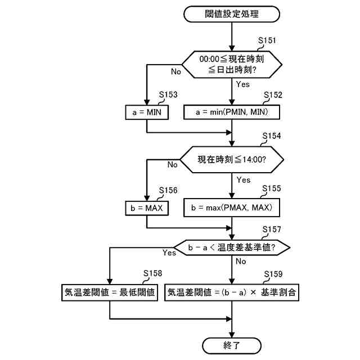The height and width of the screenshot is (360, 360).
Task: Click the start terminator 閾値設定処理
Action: point(232,14)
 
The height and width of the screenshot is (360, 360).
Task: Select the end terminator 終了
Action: point(232,345)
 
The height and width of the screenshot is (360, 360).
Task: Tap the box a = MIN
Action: point(146,112)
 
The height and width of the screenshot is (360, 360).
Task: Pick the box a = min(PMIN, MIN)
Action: point(232,112)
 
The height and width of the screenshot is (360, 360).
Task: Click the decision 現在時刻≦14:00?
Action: point(232,159)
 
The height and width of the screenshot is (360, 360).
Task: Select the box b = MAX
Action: point(146,208)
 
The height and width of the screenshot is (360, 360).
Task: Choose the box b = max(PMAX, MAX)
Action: point(232,208)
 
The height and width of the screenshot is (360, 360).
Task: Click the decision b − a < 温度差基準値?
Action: point(232,246)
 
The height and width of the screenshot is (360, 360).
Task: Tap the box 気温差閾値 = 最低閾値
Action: point(109,292)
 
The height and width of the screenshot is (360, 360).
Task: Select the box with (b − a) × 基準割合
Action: point(232,292)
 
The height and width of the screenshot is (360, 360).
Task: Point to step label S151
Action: point(267,41)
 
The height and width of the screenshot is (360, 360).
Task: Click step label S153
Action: point(169,95)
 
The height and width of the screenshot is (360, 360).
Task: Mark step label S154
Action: point(272,137)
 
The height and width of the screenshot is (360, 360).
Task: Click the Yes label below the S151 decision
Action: point(243,84)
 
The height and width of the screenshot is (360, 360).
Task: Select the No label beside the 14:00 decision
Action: point(172,165)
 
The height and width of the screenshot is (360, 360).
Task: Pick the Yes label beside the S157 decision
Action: point(169,253)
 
